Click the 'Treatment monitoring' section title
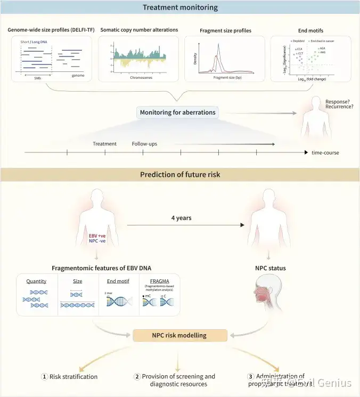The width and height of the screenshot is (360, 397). [179, 7]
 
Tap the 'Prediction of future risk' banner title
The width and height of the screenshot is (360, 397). [179, 175]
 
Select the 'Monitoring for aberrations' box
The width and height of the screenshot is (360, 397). [177, 113]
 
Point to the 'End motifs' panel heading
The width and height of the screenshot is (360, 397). [310, 30]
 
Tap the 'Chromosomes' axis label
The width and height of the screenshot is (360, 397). [141, 77]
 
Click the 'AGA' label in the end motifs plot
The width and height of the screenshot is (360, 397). [323, 48]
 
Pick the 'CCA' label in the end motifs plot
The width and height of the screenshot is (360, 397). [299, 48]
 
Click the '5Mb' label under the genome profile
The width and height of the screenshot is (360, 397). [37, 77]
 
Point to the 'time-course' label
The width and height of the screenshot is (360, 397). [325, 153]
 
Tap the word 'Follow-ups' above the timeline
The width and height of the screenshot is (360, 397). [144, 143]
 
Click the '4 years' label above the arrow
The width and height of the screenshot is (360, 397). [181, 218]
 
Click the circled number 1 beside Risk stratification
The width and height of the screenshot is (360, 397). [45, 377]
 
